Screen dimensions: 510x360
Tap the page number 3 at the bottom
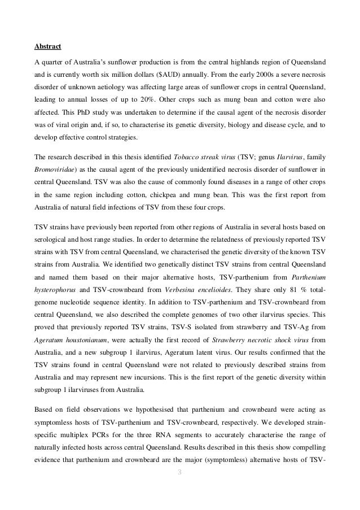pos(180,487)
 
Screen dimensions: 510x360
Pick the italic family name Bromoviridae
pos(55,168)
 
